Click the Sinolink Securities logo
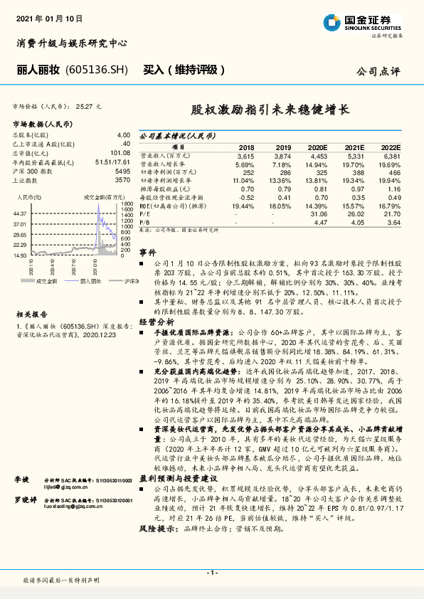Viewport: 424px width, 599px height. tap(369, 22)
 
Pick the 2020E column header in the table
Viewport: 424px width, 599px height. tap(318, 146)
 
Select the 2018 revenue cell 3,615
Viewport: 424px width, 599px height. tap(245, 155)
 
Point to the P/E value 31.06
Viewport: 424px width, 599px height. tap(318, 212)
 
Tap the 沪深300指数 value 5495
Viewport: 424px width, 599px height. tap(122, 171)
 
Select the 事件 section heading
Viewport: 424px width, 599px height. tap(147, 253)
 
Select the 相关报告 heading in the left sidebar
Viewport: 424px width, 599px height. tap(32, 294)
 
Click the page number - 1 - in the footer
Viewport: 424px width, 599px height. tap(212, 573)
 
